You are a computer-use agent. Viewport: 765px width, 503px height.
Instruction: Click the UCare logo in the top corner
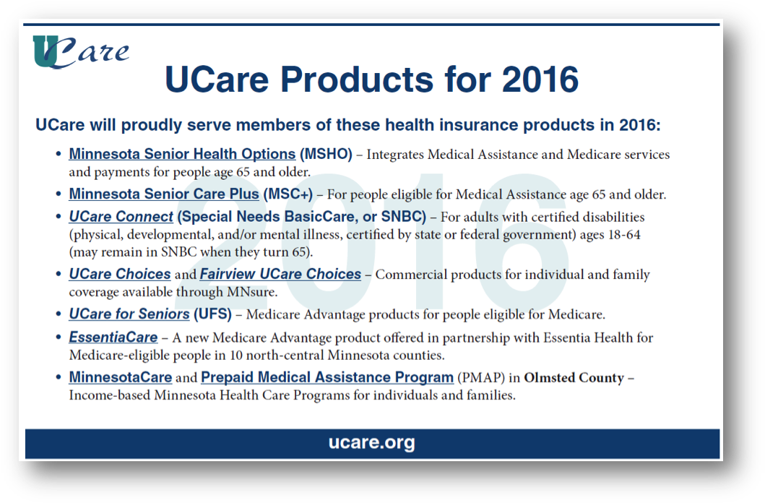pos(81,52)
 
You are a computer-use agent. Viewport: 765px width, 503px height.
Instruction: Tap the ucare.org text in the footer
pos(372,442)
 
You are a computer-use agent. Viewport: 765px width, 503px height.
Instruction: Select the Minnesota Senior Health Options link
pos(182,154)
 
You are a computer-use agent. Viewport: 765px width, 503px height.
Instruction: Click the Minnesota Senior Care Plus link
pos(164,194)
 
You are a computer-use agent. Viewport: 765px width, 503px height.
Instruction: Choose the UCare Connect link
pos(121,217)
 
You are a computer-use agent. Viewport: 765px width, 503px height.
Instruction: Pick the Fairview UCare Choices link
pos(280,274)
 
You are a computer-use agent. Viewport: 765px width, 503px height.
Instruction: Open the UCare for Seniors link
pos(129,314)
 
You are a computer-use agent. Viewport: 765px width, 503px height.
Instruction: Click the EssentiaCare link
pos(113,338)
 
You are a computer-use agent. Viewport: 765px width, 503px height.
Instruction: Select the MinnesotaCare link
pos(121,378)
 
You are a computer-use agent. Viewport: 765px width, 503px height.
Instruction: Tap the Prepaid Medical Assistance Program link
pos(327,378)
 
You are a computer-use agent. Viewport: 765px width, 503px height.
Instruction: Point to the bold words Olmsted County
pos(574,378)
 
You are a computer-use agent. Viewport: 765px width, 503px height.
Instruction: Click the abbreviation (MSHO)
pos(326,154)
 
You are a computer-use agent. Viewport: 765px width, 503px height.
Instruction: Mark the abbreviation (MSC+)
pos(288,194)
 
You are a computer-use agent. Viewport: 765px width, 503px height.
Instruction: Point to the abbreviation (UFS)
pos(212,314)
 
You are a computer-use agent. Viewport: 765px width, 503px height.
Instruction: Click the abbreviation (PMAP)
pos(481,378)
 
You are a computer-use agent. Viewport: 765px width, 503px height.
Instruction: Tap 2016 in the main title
pos(540,79)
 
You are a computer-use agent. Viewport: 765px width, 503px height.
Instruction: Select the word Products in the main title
pos(357,79)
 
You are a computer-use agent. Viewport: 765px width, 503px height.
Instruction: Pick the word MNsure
pos(251,292)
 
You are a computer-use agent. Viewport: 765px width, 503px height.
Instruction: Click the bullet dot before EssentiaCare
pos(59,337)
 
